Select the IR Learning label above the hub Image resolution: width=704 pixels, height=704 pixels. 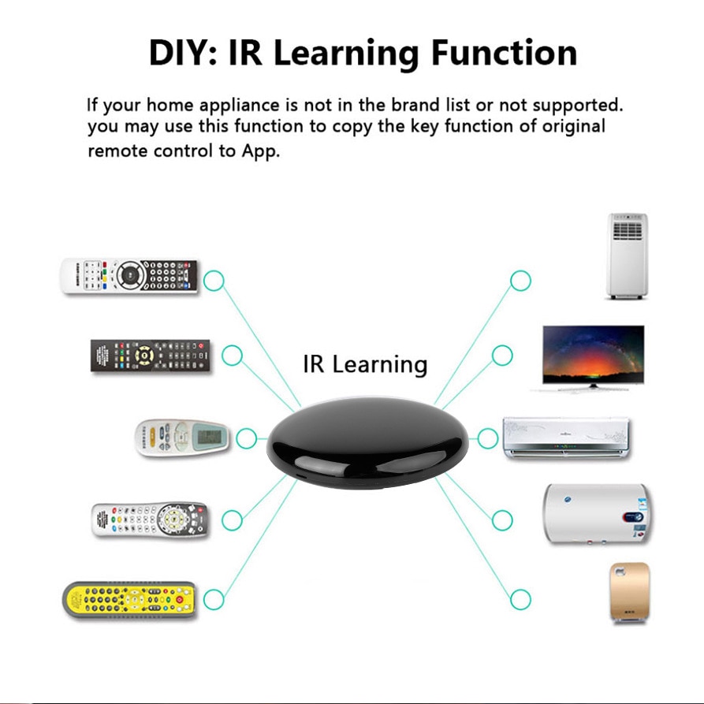tap(365, 364)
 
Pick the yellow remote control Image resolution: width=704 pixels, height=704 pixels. tap(129, 600)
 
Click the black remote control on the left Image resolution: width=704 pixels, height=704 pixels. tap(151, 356)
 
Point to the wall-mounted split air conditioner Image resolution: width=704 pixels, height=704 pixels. tap(567, 438)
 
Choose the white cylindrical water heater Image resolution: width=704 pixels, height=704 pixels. tap(596, 513)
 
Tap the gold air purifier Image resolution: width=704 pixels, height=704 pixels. tap(628, 593)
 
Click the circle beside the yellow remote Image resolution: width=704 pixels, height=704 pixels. tap(214, 600)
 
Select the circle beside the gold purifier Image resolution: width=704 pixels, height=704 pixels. tap(520, 599)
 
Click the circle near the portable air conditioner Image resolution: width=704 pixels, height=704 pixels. tap(520, 280)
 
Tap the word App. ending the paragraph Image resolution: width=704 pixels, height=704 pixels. tap(260, 151)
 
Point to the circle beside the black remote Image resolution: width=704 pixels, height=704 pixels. tap(232, 356)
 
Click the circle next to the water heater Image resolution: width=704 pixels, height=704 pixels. tap(502, 520)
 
